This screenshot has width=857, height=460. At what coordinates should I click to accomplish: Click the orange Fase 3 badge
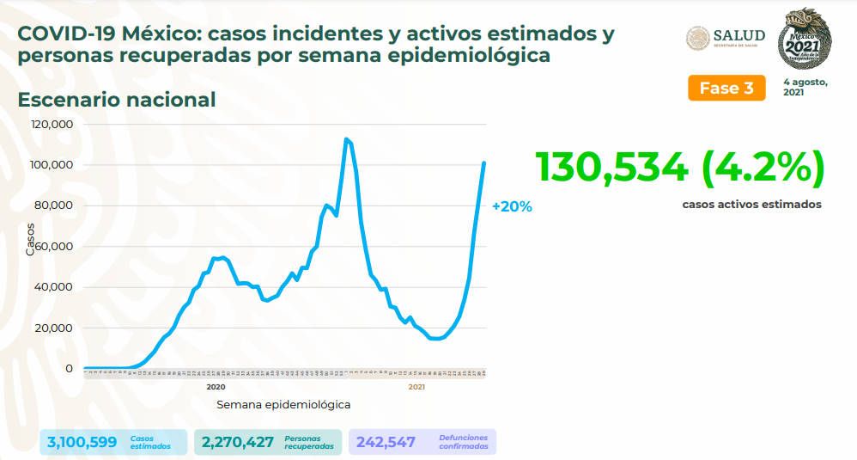point(726,88)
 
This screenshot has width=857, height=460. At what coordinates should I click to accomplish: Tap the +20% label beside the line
point(512,206)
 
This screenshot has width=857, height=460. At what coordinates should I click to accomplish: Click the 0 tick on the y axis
point(69,369)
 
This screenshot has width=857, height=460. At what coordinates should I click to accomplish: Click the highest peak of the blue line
point(345,139)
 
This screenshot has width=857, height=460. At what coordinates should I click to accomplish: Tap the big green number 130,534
point(611,167)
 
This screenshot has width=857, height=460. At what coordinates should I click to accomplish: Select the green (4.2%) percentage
point(763,167)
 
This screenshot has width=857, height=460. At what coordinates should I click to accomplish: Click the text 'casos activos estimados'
point(751,205)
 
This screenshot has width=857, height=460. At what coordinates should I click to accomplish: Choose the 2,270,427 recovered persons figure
point(238,442)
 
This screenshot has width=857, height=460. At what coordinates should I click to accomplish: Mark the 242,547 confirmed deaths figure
point(385,442)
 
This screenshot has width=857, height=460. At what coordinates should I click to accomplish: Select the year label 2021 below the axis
point(416,388)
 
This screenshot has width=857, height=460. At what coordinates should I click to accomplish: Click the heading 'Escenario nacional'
point(117,100)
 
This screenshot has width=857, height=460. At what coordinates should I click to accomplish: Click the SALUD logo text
point(738,35)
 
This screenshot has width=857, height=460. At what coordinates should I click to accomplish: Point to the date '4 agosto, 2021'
point(805,87)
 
